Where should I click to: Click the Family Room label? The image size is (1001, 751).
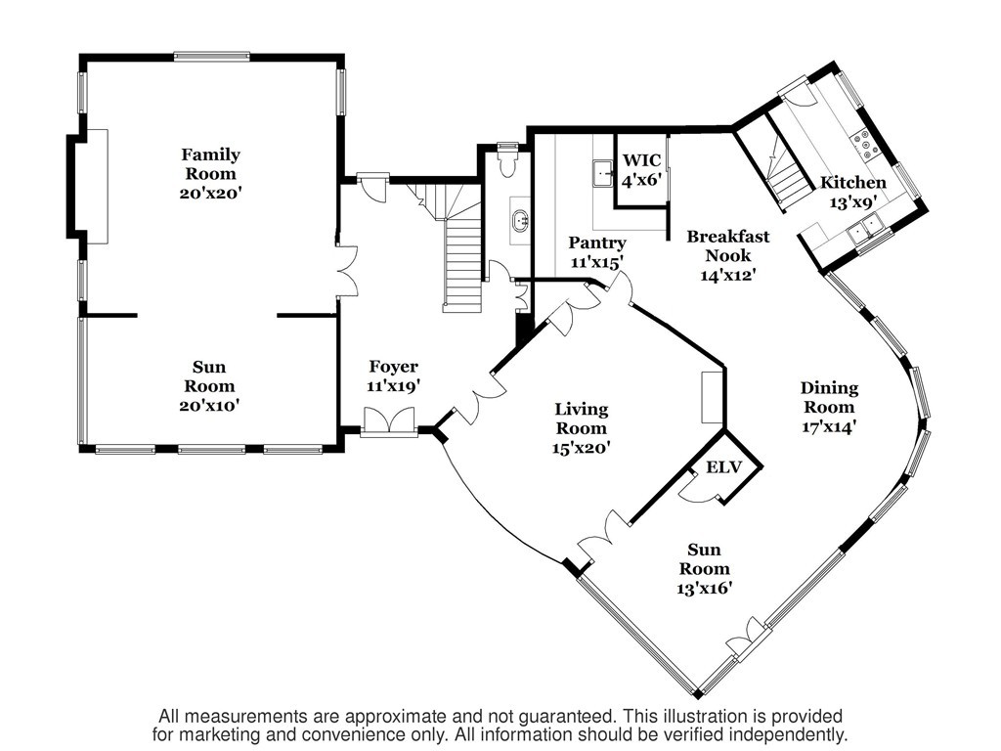[210, 164]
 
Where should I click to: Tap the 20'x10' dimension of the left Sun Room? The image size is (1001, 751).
[209, 405]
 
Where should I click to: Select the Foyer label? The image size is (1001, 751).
[393, 367]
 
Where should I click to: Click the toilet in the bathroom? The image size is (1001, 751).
[508, 160]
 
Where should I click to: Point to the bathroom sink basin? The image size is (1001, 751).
[520, 220]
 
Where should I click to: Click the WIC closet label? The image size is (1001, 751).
[641, 159]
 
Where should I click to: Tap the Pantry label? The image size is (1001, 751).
[597, 243]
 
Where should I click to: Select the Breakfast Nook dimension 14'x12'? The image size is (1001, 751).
[727, 275]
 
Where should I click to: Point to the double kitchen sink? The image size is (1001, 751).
[864, 228]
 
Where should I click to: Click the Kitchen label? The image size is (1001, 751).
[852, 183]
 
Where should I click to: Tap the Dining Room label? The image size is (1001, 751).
[829, 397]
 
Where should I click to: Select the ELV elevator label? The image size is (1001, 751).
[723, 467]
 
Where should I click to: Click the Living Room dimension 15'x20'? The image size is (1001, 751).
[581, 448]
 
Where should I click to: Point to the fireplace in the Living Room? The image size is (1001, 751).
[712, 398]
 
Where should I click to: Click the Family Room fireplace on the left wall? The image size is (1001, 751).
[97, 186]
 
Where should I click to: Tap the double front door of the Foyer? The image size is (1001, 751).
[389, 422]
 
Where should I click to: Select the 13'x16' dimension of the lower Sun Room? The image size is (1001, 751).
[704, 588]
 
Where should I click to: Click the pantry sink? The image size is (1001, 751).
[603, 173]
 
